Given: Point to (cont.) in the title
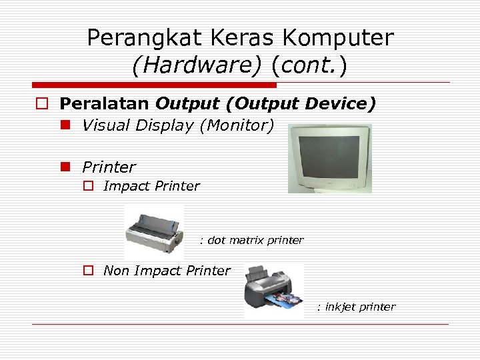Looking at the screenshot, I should tap(309, 66).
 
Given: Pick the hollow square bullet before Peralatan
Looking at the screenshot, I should tap(42, 104).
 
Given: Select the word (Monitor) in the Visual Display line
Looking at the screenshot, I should tap(236, 125).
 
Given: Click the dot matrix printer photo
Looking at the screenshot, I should tap(154, 232).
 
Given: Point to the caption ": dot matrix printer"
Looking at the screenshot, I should tap(251, 240).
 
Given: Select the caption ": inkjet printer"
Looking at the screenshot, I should tap(356, 307).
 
